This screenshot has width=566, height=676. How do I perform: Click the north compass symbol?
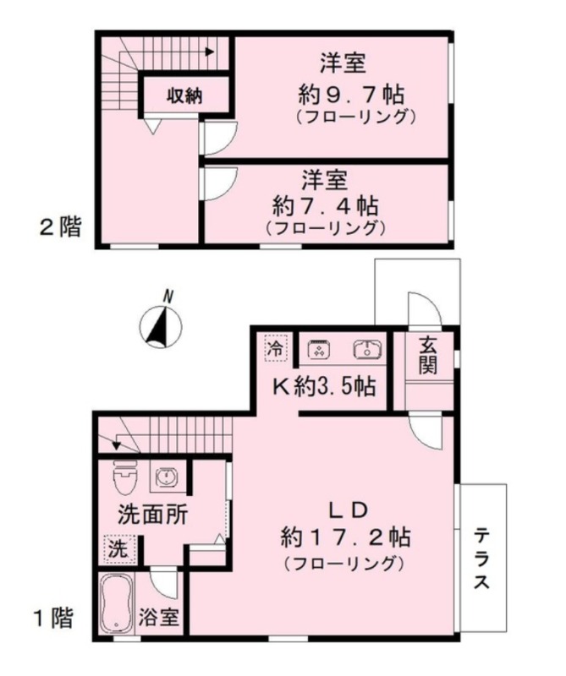click(161, 326)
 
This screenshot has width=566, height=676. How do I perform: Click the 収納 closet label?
click(184, 95)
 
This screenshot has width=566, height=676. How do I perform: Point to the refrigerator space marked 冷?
click(276, 348)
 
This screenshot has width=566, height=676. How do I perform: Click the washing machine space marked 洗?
click(118, 548)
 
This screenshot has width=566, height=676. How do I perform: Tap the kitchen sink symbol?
click(367, 349)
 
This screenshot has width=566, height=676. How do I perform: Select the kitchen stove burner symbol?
click(320, 349)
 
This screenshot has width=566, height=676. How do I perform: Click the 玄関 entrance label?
click(427, 355)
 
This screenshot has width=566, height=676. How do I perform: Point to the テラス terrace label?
click(481, 559)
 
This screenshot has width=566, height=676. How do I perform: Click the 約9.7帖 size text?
click(350, 95)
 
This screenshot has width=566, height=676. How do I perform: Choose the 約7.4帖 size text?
click(326, 206)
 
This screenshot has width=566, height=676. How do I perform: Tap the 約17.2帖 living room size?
click(345, 537)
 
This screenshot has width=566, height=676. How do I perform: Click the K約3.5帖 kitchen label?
click(324, 386)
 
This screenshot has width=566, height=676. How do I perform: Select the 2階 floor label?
click(60, 226)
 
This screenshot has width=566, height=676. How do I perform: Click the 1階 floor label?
click(53, 618)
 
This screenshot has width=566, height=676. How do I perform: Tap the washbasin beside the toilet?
click(165, 477)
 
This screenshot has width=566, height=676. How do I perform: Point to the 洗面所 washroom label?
click(153, 514)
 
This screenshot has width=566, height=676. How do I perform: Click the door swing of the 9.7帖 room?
click(219, 137)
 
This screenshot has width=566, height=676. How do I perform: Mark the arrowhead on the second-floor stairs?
click(210, 52)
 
